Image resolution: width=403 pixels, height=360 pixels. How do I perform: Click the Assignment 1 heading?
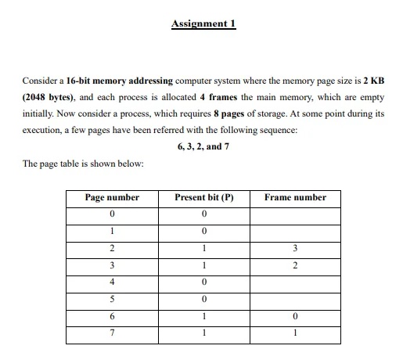point(203,24)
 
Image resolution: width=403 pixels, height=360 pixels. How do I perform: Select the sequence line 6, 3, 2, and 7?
point(203,146)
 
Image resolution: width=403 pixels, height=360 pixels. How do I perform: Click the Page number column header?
point(112,197)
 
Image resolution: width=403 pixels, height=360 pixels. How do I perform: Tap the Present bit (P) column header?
point(203,197)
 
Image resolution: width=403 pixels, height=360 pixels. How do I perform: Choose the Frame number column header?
point(295,197)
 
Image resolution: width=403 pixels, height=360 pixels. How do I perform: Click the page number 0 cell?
point(112,214)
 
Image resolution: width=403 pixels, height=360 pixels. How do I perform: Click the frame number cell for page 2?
point(295,248)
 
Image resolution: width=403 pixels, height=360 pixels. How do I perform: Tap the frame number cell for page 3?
point(295,265)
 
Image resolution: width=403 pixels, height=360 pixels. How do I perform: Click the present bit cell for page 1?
point(203,231)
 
